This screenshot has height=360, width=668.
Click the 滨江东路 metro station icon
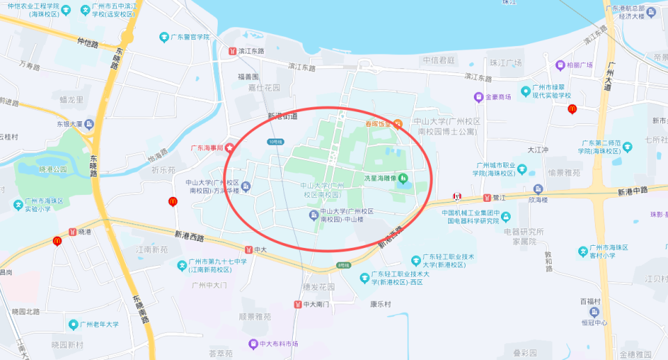coord(232,51)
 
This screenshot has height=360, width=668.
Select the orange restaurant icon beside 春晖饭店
coord(397,124)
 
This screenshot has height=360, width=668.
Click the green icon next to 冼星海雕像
coord(404,178)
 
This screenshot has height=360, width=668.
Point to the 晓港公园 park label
coord(53,169)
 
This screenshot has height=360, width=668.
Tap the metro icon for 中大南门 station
coord(297,304)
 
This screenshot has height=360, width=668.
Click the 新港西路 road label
coord(189,237)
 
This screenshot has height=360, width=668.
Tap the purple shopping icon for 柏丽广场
coord(560,65)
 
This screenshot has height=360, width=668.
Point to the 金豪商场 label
coord(498,97)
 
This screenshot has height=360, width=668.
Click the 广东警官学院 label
coord(189,37)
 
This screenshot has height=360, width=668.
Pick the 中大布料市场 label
coord(278,344)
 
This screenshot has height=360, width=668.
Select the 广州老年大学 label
coord(98,324)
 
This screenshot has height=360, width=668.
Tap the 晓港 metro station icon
coord(72,232)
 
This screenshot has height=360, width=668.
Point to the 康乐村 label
coord(381,304)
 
